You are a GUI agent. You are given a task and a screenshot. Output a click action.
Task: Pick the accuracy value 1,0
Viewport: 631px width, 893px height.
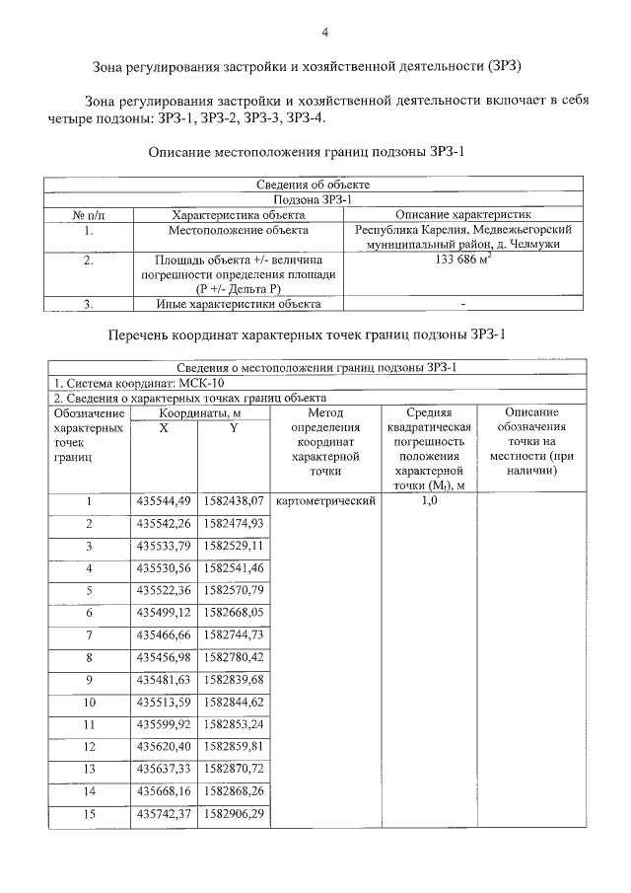(428, 501)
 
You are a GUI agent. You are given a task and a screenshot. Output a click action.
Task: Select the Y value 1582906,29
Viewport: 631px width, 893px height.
(234, 816)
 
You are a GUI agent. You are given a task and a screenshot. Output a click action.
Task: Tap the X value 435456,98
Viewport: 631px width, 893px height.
(164, 657)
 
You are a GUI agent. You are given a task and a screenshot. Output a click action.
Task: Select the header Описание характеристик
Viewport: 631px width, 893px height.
(462, 214)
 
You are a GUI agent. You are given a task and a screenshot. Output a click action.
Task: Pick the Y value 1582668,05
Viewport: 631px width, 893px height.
(234, 613)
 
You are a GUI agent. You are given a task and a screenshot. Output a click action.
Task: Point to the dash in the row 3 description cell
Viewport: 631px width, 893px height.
(462, 304)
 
